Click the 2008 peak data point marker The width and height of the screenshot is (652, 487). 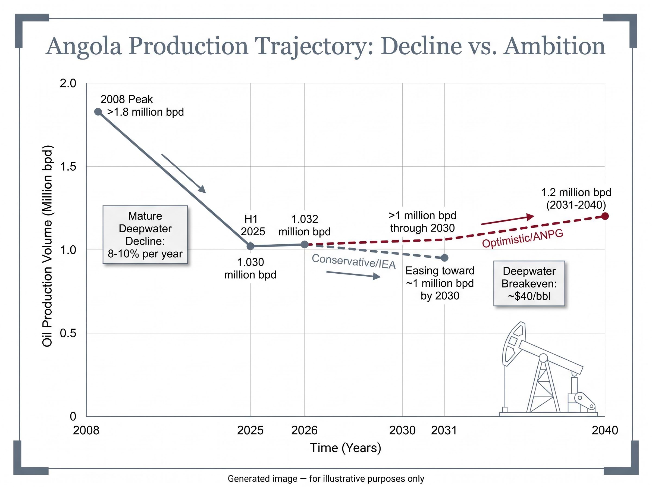pos(98,112)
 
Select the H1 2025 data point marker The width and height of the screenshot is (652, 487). pos(250,246)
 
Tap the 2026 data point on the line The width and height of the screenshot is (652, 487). pos(305,244)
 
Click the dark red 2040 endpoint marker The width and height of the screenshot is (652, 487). pos(605,216)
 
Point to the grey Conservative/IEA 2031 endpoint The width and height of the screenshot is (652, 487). pos(445,258)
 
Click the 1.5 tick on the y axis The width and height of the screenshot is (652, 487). pos(68,167)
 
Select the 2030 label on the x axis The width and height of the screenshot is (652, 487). pos(402,430)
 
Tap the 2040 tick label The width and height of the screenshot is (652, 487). pos(605,430)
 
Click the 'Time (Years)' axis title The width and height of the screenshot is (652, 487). pos(346,448)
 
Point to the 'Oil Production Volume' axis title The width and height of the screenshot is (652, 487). pos(47,246)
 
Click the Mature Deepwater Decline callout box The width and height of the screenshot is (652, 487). pos(145,235)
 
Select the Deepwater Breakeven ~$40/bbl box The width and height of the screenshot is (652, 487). pos(529,283)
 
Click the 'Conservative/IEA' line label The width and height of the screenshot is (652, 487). pos(353,261)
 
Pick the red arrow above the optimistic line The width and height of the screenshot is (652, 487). pos(508,220)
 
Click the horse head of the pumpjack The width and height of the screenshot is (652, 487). pos(513,344)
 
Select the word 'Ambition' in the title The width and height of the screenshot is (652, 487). pos(554,46)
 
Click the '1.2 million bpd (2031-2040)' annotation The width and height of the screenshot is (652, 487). pos(576,199)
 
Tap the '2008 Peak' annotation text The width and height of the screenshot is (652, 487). pos(127,99)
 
